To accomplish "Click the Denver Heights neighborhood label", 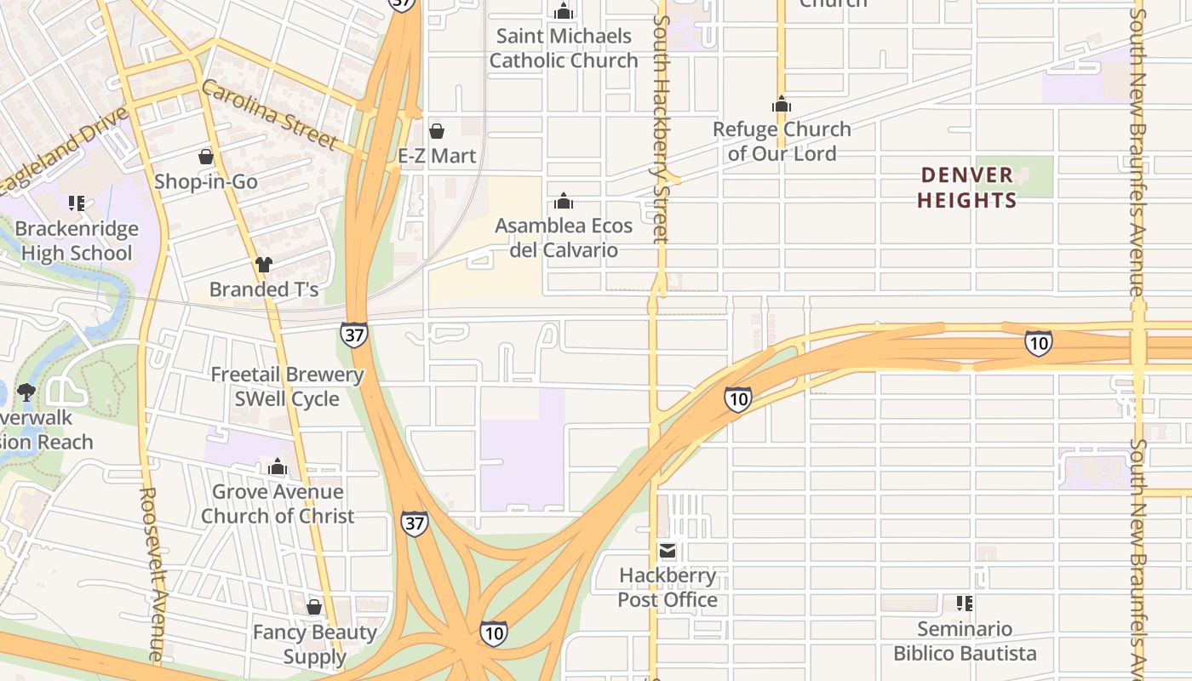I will point(968,188).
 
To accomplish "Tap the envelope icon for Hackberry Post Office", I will point(668,551).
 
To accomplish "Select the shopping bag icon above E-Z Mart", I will point(437,131).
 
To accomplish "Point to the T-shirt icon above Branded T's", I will point(264,265).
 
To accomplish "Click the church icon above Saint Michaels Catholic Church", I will point(564,12).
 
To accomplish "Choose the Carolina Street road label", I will point(270,114).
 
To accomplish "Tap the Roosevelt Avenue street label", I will point(152,575).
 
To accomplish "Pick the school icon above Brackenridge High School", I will point(77,203).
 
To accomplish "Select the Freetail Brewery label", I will point(287,375).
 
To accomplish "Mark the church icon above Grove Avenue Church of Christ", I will point(278,467).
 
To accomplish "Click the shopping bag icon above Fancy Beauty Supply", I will point(314,607).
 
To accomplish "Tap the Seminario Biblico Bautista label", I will point(965,642).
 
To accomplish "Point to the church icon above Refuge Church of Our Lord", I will point(782,106).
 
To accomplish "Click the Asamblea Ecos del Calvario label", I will point(564,238).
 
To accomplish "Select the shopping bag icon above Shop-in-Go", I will point(206,157).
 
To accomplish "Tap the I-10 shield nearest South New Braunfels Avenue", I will point(1038,343).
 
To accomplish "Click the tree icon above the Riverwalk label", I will point(26,392).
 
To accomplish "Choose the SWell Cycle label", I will point(287,399).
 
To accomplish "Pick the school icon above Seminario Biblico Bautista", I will point(965,604).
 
